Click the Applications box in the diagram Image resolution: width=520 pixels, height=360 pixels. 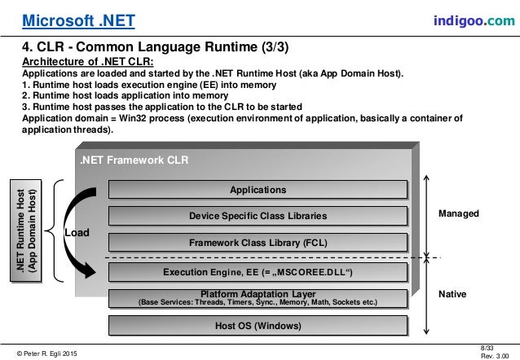(x=258, y=190)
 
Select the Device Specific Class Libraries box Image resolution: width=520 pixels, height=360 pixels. (x=258, y=216)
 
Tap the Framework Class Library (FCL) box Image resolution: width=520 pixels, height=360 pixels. (x=258, y=242)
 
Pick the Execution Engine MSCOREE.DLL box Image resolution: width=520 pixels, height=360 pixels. (x=258, y=270)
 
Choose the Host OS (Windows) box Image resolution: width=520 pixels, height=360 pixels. (x=258, y=327)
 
